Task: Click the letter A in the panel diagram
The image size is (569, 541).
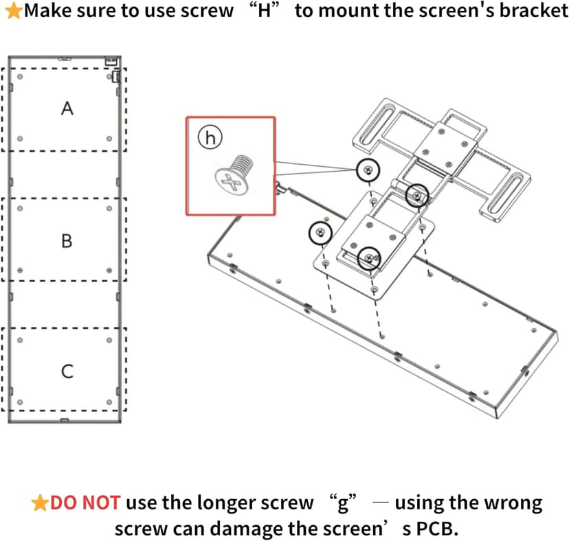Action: [67, 108]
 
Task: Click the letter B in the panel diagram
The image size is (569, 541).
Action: [67, 241]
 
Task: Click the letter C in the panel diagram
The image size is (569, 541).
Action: [67, 371]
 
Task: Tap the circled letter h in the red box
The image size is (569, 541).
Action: [211, 138]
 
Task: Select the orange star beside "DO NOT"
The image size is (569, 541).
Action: [40, 503]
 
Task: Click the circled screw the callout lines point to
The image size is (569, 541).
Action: [369, 169]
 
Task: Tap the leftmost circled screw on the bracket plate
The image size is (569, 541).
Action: [319, 233]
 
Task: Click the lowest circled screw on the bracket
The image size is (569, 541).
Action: [369, 257]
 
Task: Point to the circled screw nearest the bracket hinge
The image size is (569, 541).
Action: [416, 196]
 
